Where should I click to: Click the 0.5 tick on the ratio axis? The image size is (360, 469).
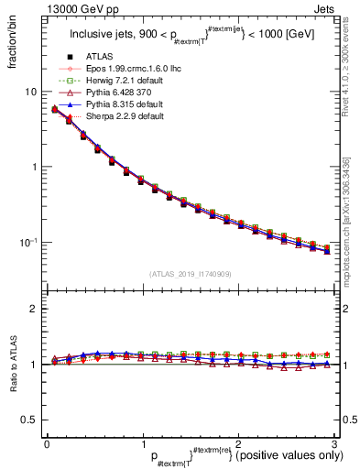[29, 420]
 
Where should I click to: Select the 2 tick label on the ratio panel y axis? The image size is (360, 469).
[34, 310]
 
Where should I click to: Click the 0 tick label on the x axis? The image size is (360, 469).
[47, 442]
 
